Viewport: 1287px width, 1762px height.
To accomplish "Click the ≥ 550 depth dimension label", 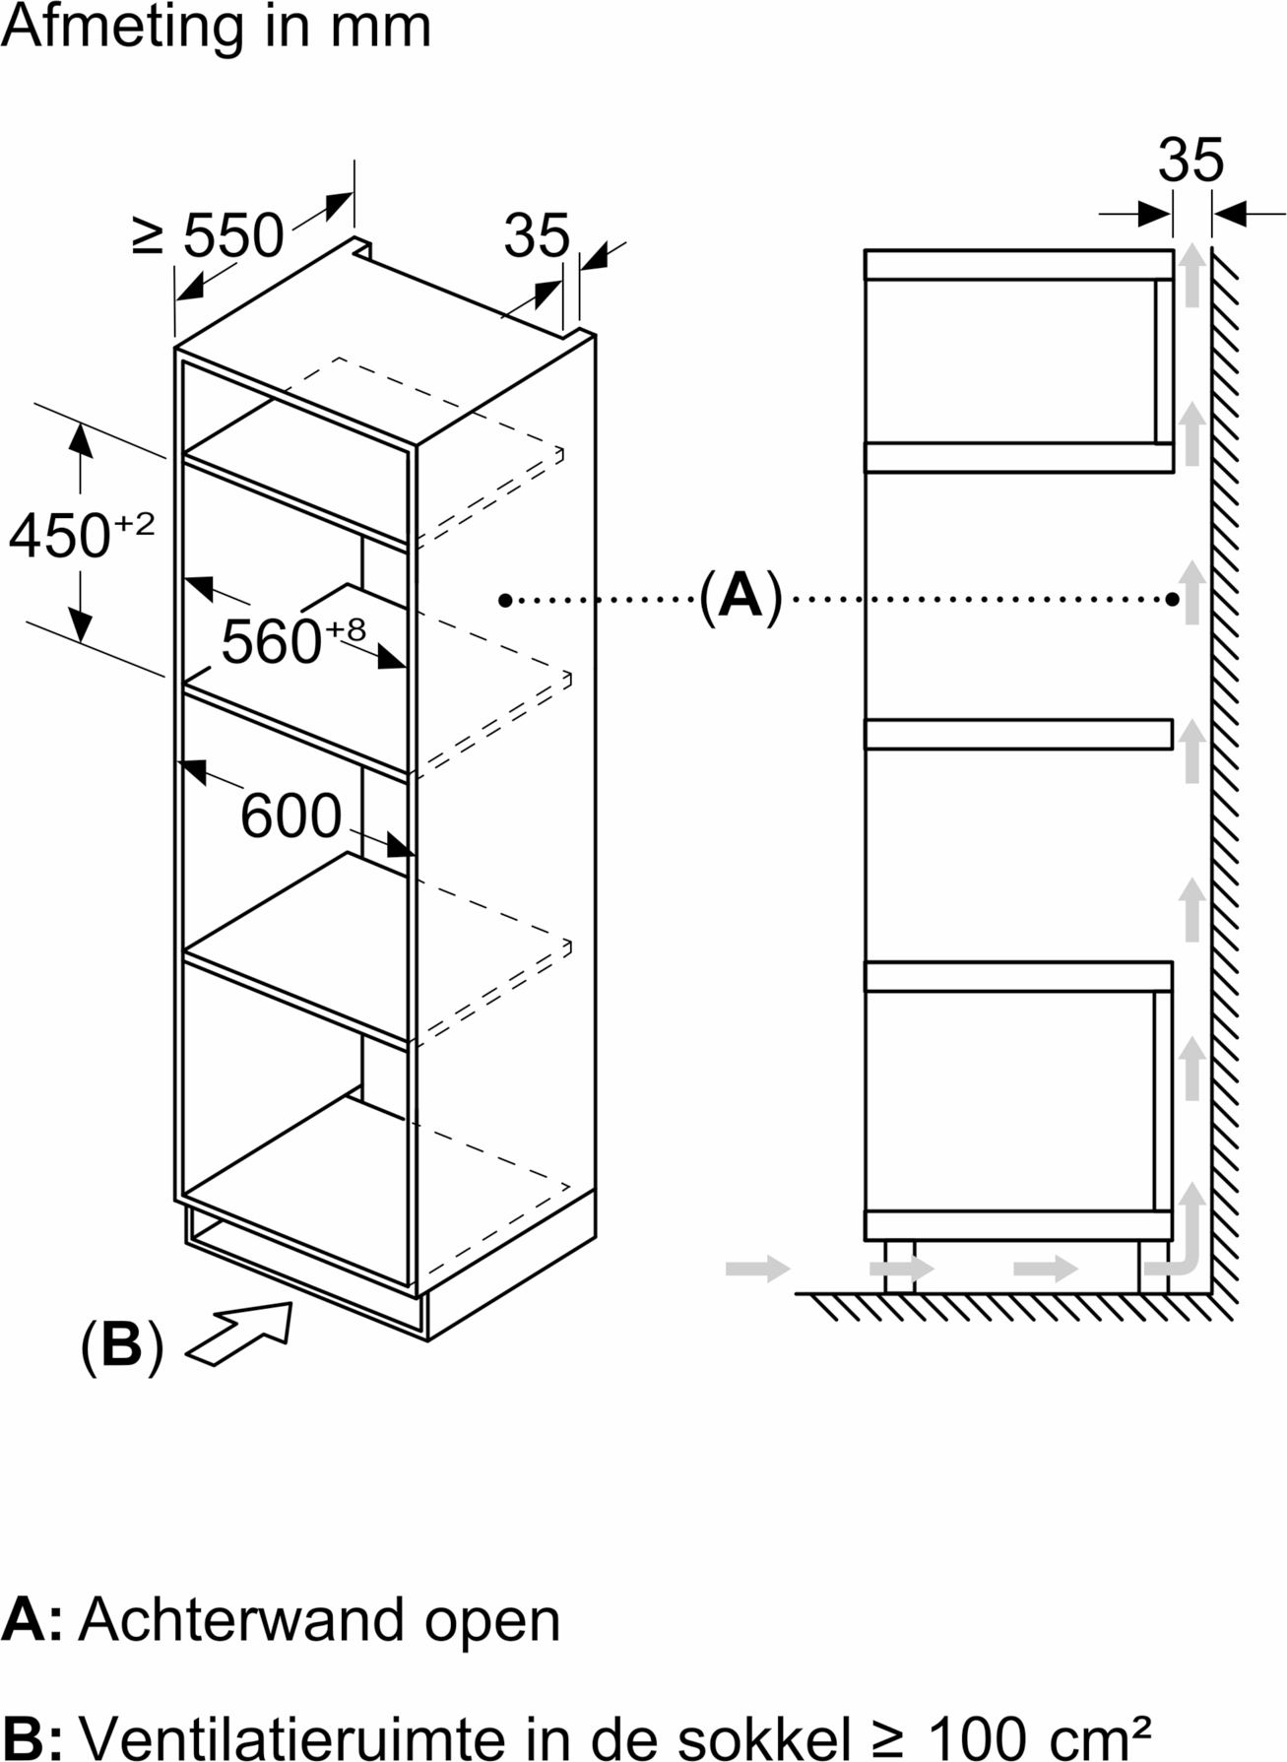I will (x=208, y=236).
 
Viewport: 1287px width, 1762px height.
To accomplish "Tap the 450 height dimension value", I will (x=61, y=536).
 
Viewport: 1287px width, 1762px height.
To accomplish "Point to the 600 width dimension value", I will (x=290, y=816).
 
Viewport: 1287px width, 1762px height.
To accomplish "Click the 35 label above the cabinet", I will (x=537, y=235).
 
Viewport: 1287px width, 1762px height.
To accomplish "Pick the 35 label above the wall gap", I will (x=1190, y=161).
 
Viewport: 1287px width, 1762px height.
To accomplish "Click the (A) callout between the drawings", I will (x=740, y=596).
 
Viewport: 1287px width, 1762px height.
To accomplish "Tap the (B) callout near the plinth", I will (x=121, y=1344).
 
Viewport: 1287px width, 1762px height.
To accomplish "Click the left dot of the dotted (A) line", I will (x=505, y=599).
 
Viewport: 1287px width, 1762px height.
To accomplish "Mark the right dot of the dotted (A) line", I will (x=1173, y=599).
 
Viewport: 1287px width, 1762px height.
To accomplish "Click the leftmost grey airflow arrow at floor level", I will (x=757, y=1269).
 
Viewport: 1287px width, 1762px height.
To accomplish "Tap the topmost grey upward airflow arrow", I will (x=1192, y=276).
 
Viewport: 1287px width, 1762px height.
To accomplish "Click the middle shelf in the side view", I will (x=1018, y=735).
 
